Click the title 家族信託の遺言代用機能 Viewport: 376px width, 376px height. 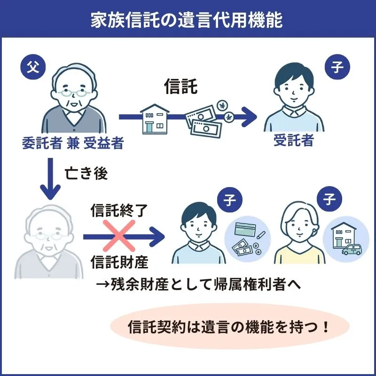click(188, 20)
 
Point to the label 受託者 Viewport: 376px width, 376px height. click(293, 141)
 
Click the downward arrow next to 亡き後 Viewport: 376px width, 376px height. click(50, 179)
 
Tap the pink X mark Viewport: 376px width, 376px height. click(123, 234)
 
